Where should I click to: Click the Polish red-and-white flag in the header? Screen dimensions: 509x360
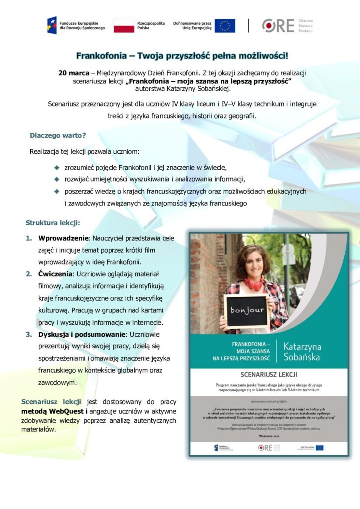tap(124, 26)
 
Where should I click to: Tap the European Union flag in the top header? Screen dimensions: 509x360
tap(225, 26)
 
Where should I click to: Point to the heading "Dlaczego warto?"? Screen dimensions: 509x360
tap(58, 135)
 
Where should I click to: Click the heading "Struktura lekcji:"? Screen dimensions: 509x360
tap(53, 222)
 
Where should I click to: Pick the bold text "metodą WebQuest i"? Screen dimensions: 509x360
tap(54, 412)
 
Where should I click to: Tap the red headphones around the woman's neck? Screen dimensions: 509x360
tap(253, 284)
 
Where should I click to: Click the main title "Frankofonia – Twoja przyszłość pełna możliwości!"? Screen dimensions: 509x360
tap(182, 55)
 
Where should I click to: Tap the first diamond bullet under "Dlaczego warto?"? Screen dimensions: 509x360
tap(57, 167)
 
